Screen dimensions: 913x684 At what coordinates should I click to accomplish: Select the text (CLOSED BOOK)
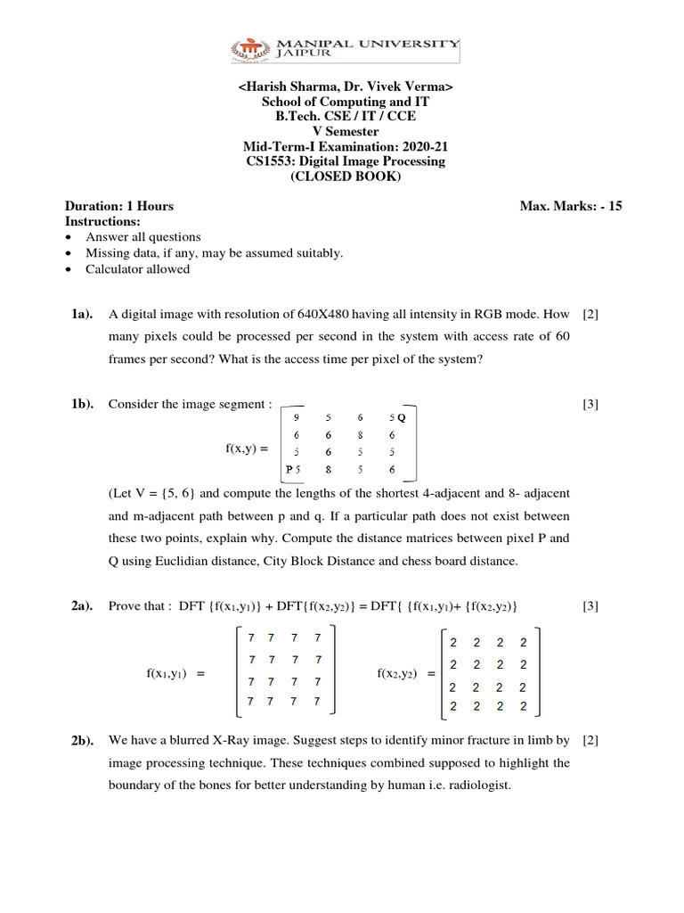click(346, 177)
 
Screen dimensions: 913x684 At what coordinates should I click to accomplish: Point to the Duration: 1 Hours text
click(119, 206)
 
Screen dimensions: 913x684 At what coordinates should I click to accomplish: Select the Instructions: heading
click(103, 220)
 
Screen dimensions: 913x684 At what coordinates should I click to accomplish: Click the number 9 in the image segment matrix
click(297, 416)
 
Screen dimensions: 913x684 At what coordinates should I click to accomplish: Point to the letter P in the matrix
click(289, 469)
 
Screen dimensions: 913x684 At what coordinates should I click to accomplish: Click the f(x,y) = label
click(247, 448)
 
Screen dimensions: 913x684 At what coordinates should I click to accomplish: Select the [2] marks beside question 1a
click(590, 315)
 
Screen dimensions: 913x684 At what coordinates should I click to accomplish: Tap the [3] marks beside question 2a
click(590, 607)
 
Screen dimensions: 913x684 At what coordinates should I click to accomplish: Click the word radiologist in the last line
click(480, 786)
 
